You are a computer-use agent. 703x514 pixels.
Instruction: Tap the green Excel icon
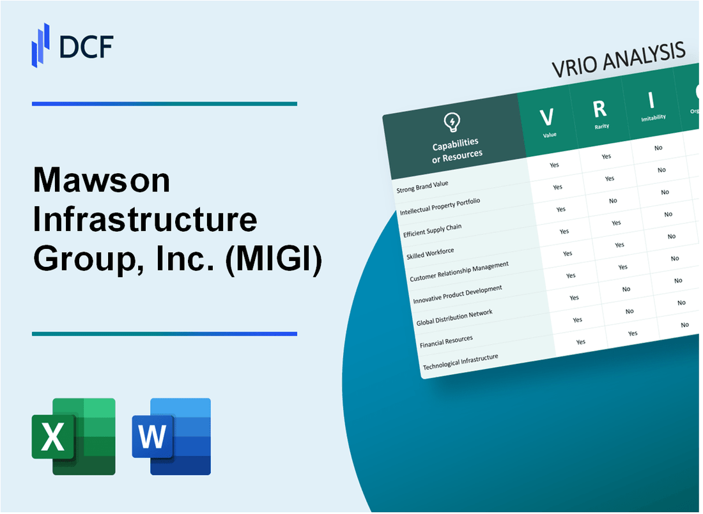73,436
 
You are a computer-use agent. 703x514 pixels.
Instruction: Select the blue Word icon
171,436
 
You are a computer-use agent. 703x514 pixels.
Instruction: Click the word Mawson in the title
102,181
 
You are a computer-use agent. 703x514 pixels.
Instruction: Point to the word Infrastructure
145,220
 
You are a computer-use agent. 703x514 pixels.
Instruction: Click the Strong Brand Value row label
422,187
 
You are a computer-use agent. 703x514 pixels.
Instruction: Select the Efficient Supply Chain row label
432,231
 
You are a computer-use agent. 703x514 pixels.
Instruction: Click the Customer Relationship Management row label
451,275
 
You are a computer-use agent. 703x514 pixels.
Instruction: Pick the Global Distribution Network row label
454,318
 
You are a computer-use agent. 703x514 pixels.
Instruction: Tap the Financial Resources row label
446,342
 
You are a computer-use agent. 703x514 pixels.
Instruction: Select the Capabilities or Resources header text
456,148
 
